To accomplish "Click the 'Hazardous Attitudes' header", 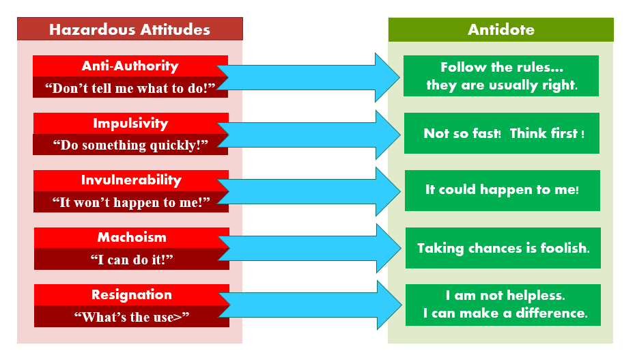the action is click(x=130, y=29).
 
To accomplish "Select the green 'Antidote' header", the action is click(x=501, y=29).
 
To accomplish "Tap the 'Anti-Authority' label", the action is click(x=130, y=66).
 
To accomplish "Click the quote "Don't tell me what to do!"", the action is click(x=130, y=88).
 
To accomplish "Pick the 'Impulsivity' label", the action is click(x=130, y=123).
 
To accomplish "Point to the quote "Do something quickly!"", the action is click(x=130, y=145).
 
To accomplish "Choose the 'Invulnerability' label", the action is click(x=131, y=180).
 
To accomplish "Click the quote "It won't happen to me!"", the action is click(x=131, y=202).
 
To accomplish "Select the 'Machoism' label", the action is click(x=132, y=237).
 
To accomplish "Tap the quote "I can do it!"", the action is click(x=132, y=260).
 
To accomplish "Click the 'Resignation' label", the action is click(x=132, y=294).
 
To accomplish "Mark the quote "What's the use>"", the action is click(x=132, y=317).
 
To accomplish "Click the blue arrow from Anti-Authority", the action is click(x=308, y=77).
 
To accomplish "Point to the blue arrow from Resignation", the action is click(x=309, y=305).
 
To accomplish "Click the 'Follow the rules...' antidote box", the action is click(x=501, y=76).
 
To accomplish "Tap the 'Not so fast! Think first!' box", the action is click(x=502, y=133).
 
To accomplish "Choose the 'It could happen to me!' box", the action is click(x=503, y=191).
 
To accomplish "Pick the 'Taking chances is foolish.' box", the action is click(x=503, y=248).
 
